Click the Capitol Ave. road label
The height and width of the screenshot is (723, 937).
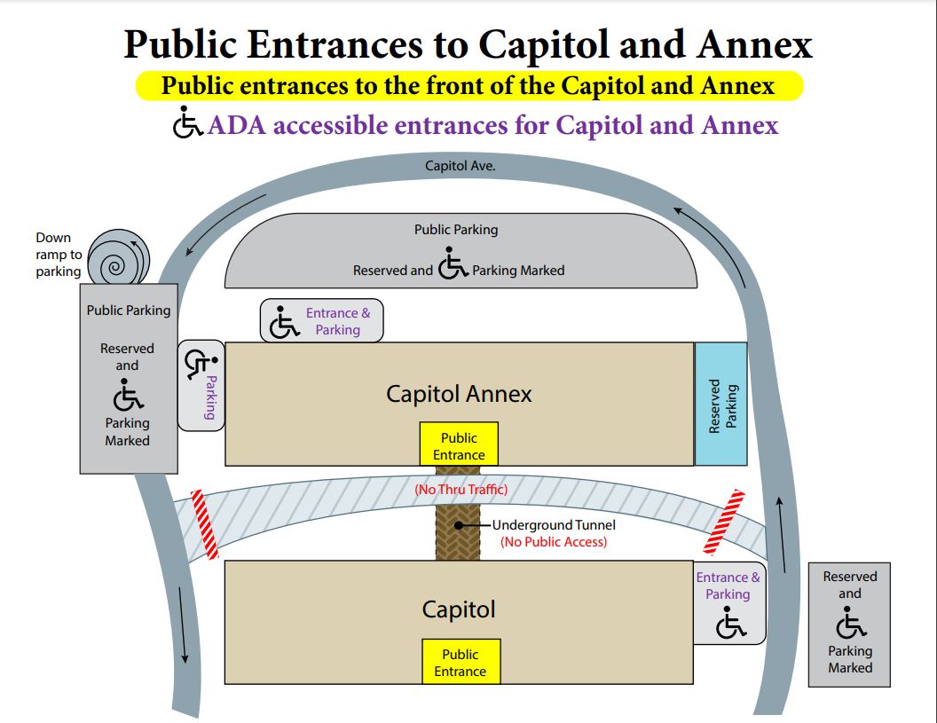460,166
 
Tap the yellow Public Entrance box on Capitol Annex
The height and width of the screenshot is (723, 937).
459,445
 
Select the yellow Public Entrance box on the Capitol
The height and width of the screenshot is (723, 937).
460,662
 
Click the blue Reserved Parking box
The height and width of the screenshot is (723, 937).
720,404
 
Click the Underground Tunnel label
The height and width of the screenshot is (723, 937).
554,525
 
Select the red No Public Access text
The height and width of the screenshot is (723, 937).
554,542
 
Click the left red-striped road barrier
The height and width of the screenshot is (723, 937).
204,524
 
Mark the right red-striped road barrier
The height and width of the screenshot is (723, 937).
721,520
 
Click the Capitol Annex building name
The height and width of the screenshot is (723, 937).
459,394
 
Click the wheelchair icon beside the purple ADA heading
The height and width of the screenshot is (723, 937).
187,124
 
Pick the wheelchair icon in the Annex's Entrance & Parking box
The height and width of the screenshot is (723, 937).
284,323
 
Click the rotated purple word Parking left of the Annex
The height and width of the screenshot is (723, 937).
211,397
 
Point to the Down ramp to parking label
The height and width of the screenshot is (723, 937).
59,255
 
